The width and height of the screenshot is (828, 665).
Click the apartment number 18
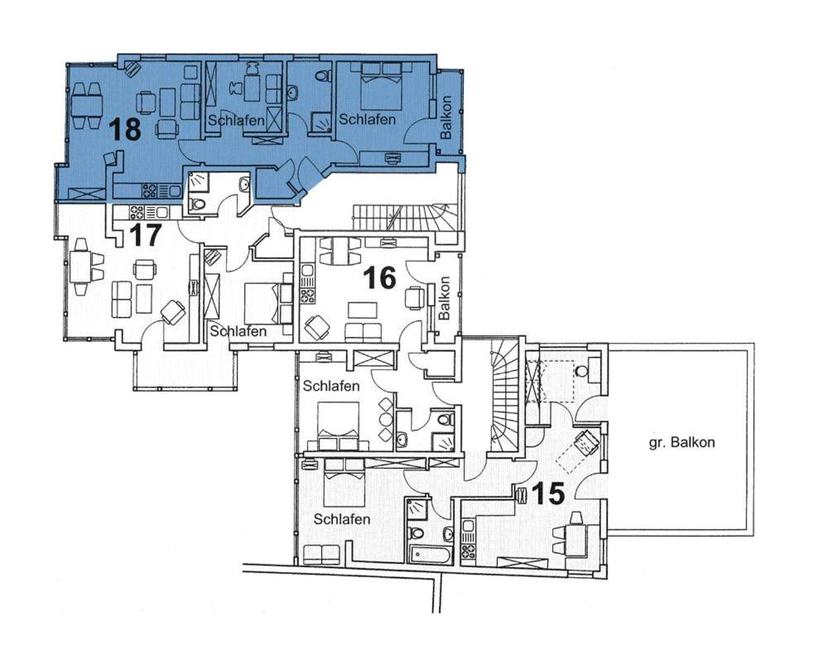click(126, 129)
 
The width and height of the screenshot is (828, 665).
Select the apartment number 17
click(145, 234)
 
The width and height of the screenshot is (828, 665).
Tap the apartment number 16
click(380, 277)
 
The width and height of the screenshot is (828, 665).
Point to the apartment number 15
click(548, 494)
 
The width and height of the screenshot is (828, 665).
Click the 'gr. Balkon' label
click(681, 442)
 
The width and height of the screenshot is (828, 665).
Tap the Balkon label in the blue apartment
click(446, 118)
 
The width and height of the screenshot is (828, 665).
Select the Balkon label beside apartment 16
click(444, 298)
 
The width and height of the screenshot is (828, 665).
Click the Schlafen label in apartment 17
click(238, 331)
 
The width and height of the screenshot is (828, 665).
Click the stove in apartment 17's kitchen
click(137, 212)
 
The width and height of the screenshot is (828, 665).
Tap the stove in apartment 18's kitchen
click(149, 189)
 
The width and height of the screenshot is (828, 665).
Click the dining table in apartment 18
click(87, 105)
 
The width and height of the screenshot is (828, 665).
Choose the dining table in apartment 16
click(340, 251)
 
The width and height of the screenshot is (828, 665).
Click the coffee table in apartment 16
click(363, 310)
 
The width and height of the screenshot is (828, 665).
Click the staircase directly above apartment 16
click(405, 217)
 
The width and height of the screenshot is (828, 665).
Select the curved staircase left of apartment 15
click(503, 396)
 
